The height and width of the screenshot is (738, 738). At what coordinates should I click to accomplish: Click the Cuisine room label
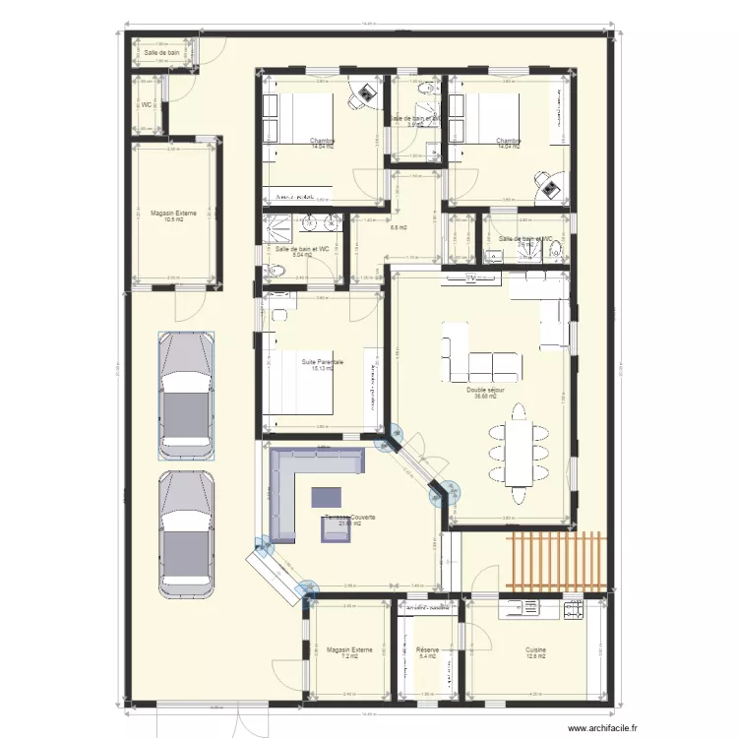[535, 650]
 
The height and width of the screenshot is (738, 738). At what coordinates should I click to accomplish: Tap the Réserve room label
[426, 650]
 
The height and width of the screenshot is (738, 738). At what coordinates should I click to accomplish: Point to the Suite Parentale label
[322, 362]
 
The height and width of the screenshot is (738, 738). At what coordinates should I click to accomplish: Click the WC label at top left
[147, 104]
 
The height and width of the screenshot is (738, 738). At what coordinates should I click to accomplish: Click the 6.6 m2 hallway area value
[400, 228]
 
